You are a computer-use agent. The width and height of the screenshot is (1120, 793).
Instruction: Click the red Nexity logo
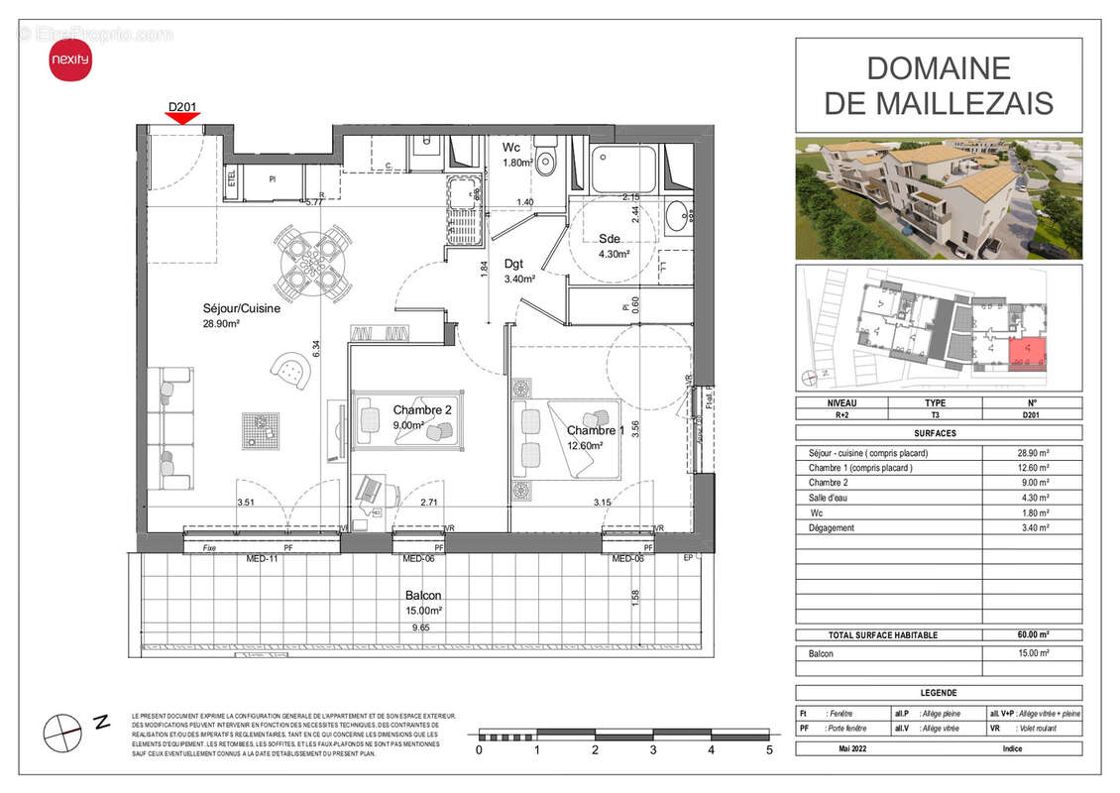[x=69, y=61]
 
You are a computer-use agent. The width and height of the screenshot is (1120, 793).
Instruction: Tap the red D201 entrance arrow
[x=182, y=118]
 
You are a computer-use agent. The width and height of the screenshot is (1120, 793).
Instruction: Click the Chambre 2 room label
[x=422, y=409]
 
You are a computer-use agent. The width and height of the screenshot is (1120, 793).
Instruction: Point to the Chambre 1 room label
[x=596, y=430]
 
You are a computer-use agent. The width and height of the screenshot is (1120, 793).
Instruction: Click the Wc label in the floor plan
[x=511, y=148]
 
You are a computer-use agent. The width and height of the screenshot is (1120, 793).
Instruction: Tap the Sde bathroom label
[x=610, y=238]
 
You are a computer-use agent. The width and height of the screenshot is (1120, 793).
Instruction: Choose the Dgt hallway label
[x=513, y=264]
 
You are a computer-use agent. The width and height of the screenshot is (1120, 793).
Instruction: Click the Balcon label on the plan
[x=422, y=597]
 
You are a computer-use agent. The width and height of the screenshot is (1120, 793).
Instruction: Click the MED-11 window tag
[x=262, y=559]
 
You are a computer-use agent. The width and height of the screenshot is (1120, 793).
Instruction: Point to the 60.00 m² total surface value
[x=1031, y=634]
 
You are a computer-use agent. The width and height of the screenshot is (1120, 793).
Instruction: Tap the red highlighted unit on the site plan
[x=1027, y=353]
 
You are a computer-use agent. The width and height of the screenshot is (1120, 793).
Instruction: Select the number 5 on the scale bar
[x=769, y=750]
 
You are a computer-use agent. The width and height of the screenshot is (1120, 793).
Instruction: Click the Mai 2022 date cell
[x=840, y=748]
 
